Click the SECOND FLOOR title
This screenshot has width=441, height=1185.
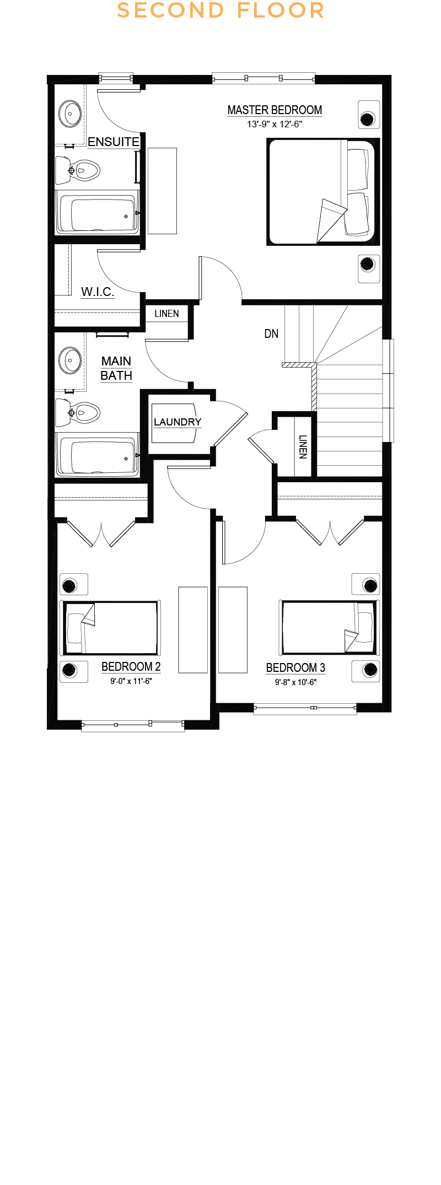coord(220,10)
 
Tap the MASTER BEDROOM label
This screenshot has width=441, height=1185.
coord(275,110)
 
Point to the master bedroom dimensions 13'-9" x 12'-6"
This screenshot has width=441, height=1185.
coord(275,125)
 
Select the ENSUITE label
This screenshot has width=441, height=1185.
coord(114,142)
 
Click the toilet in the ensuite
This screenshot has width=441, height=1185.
coord(77,170)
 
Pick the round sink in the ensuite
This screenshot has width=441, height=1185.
coord(70,114)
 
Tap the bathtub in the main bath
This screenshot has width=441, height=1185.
coord(98,455)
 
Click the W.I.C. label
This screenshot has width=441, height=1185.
coord(98,292)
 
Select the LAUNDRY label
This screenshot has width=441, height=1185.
coord(178,422)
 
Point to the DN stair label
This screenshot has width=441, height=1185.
coord(271,333)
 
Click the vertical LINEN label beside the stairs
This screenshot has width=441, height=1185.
coord(303,447)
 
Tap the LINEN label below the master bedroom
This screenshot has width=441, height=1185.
coord(166,314)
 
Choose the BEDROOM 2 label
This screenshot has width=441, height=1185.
coord(131,667)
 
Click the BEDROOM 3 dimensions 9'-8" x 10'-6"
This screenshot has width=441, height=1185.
coord(296,682)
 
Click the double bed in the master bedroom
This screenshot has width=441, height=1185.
coord(323,192)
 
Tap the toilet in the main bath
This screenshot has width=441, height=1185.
coord(77,412)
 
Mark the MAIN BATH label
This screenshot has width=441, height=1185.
coord(116,369)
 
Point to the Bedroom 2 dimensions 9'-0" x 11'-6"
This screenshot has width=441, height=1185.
coord(131,681)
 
